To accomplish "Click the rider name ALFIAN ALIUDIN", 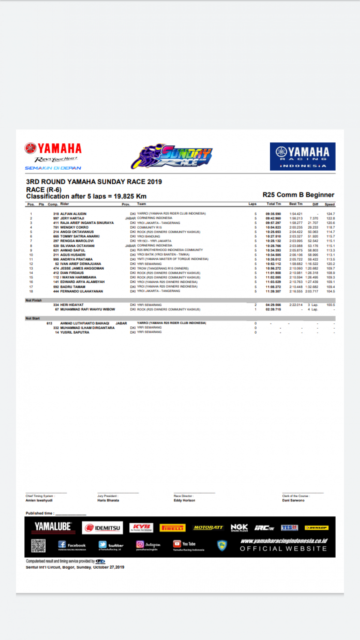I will [73, 214].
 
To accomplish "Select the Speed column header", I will [329, 204].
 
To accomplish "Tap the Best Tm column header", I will [295, 204].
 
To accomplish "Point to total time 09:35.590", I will [273, 214].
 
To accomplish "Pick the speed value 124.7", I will [330, 214].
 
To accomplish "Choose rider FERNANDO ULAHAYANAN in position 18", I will [82, 291].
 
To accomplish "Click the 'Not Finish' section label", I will [33, 300].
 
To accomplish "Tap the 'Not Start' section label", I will [32, 318].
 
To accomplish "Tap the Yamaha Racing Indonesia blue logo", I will [303, 156].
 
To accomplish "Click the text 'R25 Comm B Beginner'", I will [298, 195].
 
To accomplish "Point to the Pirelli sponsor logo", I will [172, 528].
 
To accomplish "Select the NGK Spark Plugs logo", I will [239, 528].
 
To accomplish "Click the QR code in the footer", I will [38, 545].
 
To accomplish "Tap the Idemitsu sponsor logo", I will [102, 528].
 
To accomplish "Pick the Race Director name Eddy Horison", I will [184, 500].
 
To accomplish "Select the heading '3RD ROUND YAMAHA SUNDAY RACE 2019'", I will [94, 182].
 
